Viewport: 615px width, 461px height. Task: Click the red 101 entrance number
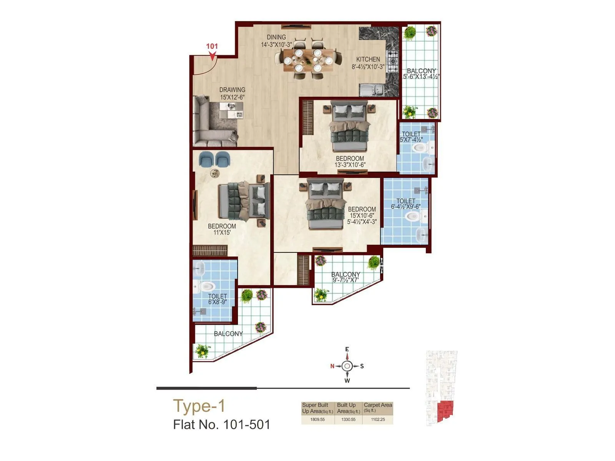(212, 46)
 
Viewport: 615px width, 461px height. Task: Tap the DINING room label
(276, 37)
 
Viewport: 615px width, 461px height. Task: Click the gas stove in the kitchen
(392, 61)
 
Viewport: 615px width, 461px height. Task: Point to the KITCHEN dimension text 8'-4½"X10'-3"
(368, 67)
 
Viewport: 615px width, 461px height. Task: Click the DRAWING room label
(232, 90)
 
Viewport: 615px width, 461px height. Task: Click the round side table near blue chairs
(214, 173)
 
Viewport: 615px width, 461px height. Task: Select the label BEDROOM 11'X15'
(222, 229)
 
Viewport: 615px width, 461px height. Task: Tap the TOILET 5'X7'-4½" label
(411, 137)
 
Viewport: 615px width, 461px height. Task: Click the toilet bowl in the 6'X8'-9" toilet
(207, 286)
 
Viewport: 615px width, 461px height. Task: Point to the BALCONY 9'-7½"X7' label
(346, 277)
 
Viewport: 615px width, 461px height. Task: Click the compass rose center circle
(347, 366)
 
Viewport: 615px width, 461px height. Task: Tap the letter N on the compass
(332, 366)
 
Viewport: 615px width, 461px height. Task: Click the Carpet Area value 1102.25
(378, 420)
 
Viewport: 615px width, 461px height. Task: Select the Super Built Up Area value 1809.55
(317, 420)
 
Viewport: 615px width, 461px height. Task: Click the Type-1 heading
(199, 406)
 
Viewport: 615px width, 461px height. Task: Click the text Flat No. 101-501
(222, 425)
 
